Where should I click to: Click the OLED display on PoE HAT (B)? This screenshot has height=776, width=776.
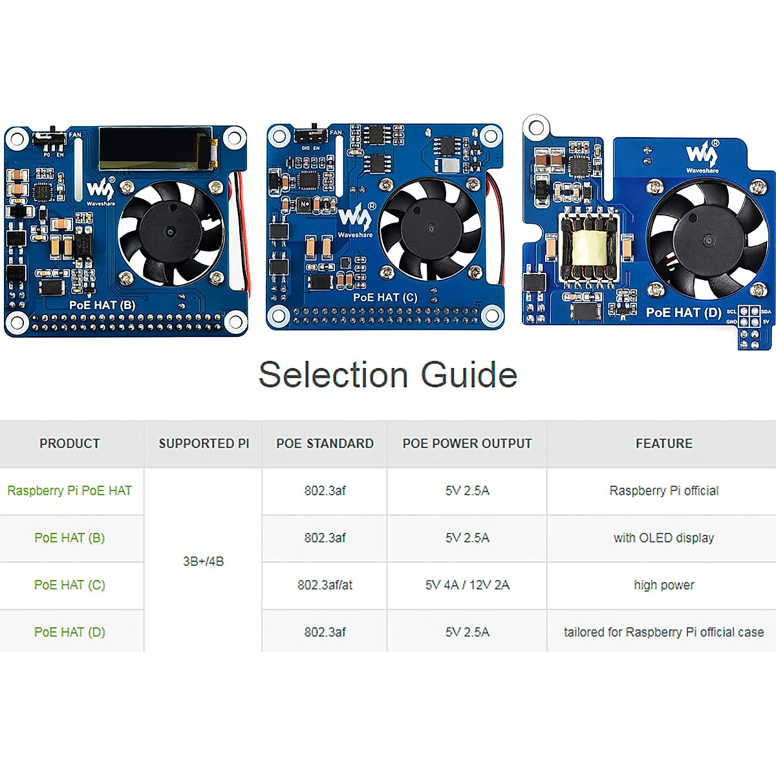(x=155, y=147)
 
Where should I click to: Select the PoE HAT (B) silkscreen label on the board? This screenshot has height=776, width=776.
(x=102, y=305)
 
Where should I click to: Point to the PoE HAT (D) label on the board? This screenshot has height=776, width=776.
(x=684, y=312)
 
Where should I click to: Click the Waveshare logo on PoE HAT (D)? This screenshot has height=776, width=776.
(x=702, y=156)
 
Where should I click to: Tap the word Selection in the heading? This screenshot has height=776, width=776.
(x=333, y=374)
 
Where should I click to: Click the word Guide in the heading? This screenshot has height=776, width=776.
(x=469, y=374)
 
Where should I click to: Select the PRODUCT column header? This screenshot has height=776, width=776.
(x=70, y=444)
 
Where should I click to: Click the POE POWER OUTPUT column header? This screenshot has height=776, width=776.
(x=467, y=444)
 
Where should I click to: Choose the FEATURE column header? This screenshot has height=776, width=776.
(x=663, y=444)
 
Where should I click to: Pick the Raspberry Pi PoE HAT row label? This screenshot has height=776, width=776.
(x=70, y=491)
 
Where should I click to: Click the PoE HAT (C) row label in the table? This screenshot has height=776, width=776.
(x=70, y=585)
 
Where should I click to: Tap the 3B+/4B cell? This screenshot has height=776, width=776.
(x=203, y=561)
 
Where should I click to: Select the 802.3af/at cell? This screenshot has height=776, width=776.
(x=325, y=585)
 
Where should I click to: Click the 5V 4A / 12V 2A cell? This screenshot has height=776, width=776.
(x=467, y=585)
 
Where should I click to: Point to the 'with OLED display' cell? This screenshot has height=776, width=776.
(x=663, y=538)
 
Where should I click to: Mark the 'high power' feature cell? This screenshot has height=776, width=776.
(x=663, y=585)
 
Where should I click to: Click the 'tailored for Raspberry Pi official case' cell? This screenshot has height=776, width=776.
(x=663, y=632)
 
